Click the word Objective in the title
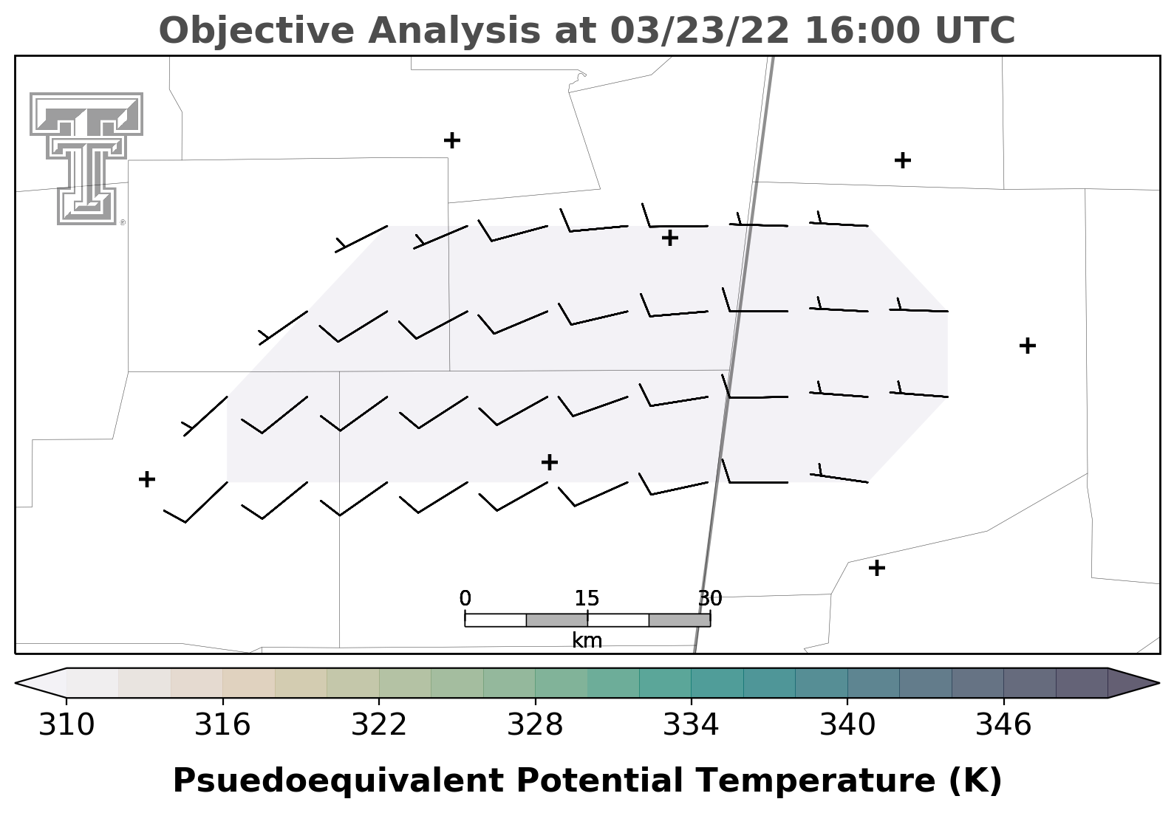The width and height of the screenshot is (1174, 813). (x=257, y=30)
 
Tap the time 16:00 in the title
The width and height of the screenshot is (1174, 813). (x=863, y=30)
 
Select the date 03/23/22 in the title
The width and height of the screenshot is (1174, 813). (x=700, y=30)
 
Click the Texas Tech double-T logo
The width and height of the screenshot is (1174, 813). (x=86, y=159)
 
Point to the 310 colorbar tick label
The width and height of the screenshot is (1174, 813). (x=66, y=725)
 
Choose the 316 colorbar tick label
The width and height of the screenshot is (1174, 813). (x=222, y=725)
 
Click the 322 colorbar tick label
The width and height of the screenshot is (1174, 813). (x=379, y=725)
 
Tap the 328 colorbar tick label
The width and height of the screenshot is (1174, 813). (x=535, y=725)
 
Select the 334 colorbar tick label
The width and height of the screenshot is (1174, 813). (x=692, y=725)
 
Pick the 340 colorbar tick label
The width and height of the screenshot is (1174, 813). (x=847, y=725)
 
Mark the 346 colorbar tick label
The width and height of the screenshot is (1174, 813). (x=1003, y=725)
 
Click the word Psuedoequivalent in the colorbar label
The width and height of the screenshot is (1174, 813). (x=338, y=781)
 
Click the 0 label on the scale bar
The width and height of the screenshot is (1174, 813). (x=465, y=598)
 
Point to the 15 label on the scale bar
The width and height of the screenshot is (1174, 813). (x=587, y=598)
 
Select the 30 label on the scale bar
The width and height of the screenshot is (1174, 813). (x=710, y=598)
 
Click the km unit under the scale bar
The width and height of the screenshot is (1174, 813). (x=587, y=641)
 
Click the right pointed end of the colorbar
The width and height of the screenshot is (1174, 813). (x=1158, y=683)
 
